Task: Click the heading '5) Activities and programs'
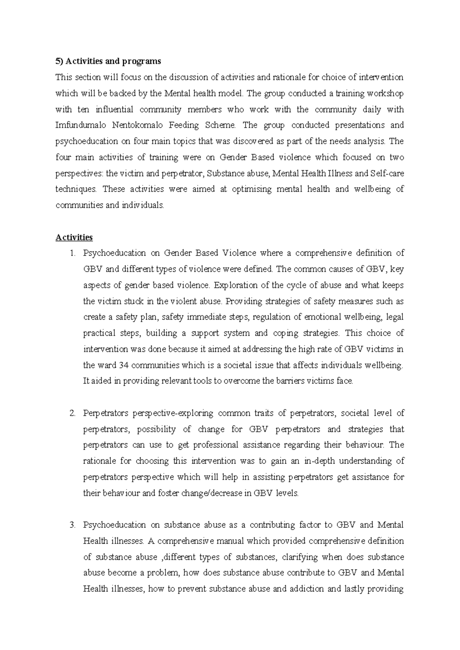pyautogui.click(x=108, y=61)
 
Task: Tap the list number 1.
pyautogui.click(x=72, y=253)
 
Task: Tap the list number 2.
pyautogui.click(x=72, y=413)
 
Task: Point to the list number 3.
pyautogui.click(x=72, y=525)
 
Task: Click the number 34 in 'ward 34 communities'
pyautogui.click(x=123, y=365)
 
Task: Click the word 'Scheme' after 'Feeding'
pyautogui.click(x=221, y=125)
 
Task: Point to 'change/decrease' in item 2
pyautogui.click(x=209, y=493)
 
